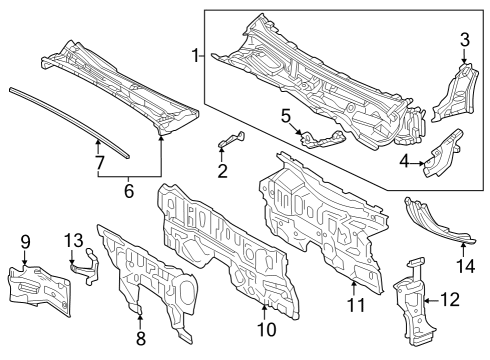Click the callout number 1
tap(196, 58)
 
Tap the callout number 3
tap(463, 39)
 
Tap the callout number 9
tap(26, 240)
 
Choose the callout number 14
tap(463, 265)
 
